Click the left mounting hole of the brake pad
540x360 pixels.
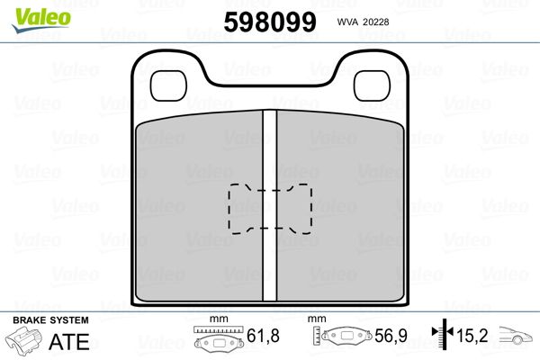pyautogui.click(x=167, y=85)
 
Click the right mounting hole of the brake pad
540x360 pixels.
pyautogui.click(x=369, y=85)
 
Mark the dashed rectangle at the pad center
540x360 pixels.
pyautogui.click(x=267, y=208)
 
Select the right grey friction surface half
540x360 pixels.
pyautogui.click(x=337, y=211)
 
